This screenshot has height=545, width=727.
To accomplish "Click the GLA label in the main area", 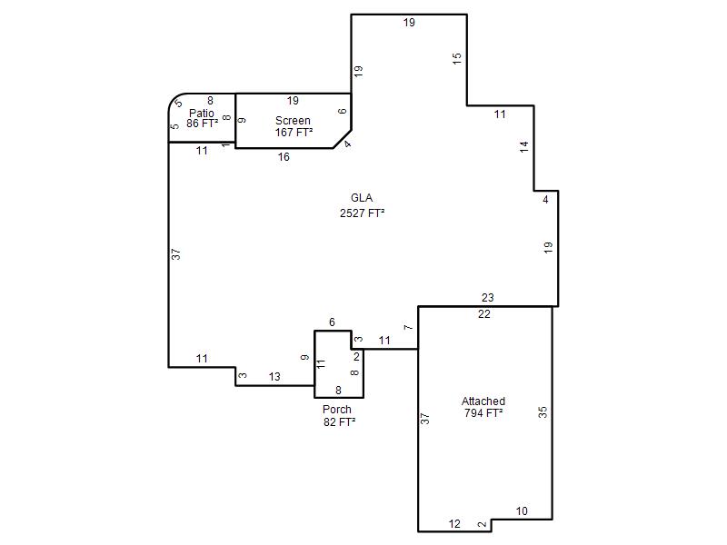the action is click(x=362, y=198).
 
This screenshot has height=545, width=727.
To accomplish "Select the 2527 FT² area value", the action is click(x=362, y=213).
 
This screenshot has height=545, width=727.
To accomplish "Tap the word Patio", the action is click(x=202, y=113).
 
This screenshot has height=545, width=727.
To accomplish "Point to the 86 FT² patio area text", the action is click(x=202, y=124).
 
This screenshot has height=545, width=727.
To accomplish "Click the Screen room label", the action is click(x=293, y=121).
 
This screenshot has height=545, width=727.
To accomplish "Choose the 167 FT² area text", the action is click(x=294, y=133).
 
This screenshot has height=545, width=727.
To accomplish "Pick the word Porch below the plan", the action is click(x=337, y=410).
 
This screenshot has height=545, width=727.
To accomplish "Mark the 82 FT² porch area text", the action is click(x=339, y=421).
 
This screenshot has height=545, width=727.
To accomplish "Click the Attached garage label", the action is click(x=483, y=401).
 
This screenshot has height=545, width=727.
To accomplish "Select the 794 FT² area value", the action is click(x=483, y=413).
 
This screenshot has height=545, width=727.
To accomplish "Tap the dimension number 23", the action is click(x=488, y=298).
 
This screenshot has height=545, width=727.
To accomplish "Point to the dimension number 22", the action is click(x=484, y=314).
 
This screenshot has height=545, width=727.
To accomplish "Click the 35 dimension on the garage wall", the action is click(x=543, y=412).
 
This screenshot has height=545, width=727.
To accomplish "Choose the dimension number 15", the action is click(x=457, y=58).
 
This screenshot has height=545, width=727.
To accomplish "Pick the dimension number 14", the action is click(x=524, y=147).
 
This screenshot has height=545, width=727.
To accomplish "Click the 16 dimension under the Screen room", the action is click(x=284, y=157).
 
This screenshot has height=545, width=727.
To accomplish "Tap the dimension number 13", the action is click(x=274, y=377).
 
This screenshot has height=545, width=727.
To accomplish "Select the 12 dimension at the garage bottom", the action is click(x=454, y=524).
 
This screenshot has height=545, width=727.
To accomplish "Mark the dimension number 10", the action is click(x=522, y=511).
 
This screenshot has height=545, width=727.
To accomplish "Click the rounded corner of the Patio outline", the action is click(x=174, y=99).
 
